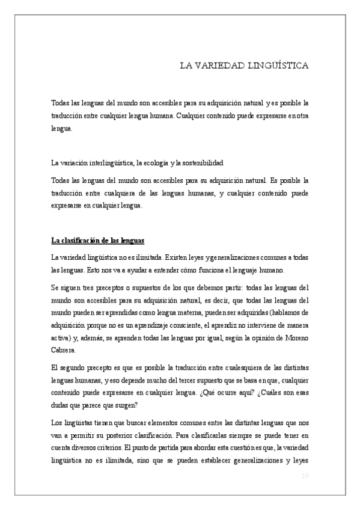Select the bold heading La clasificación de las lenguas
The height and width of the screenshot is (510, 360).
point(98,241)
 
